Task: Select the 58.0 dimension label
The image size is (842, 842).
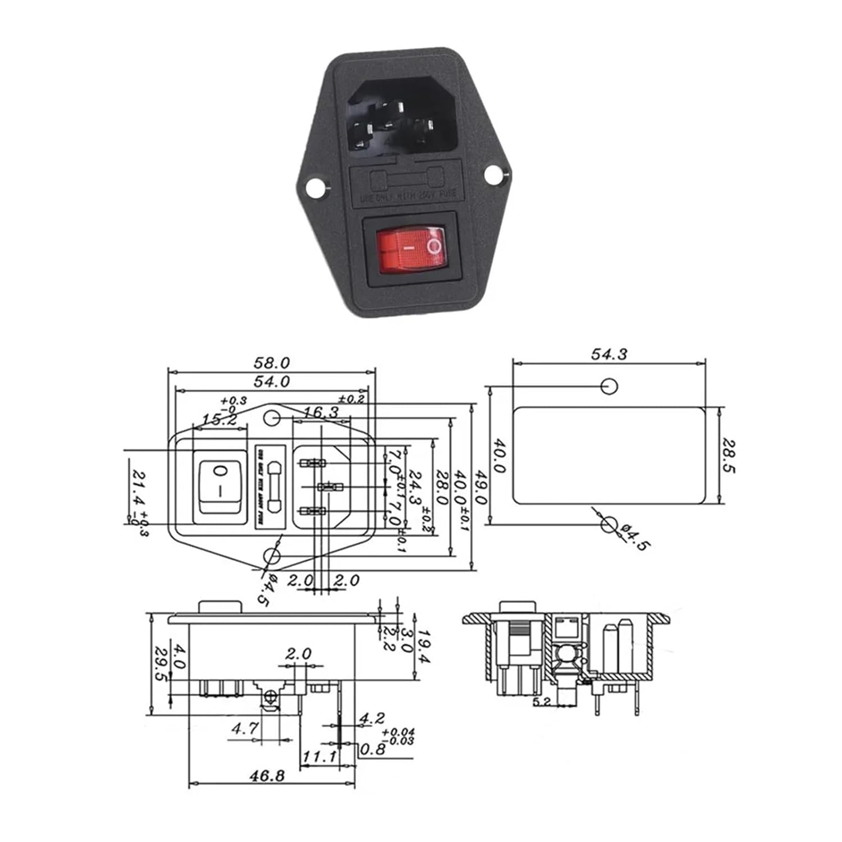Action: click(271, 363)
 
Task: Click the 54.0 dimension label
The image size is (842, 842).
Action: click(271, 382)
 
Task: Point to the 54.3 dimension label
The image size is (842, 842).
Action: click(609, 354)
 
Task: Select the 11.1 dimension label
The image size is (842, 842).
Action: click(319, 757)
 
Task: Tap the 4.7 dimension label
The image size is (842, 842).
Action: click(245, 729)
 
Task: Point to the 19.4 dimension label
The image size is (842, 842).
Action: click(424, 646)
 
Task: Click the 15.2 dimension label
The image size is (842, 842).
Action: click(219, 419)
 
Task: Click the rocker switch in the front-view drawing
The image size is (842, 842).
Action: click(221, 487)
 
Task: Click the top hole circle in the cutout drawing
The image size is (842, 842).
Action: click(609, 386)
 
